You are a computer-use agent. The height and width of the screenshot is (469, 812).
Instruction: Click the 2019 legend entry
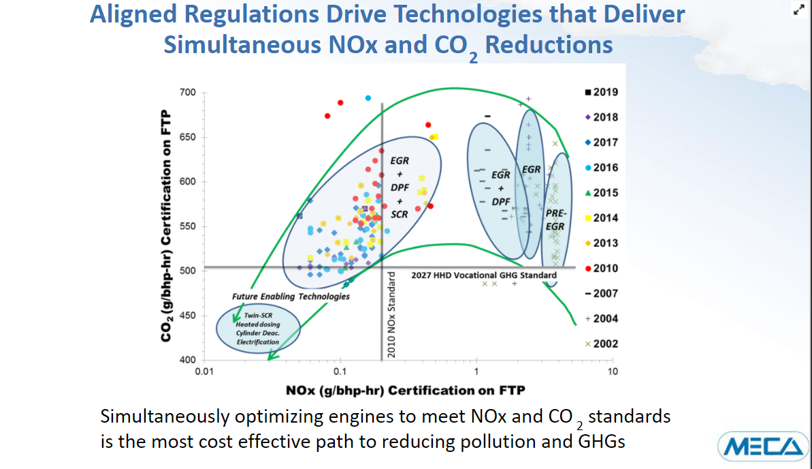tap(602, 92)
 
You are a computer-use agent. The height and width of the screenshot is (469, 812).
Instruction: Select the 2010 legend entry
tap(602, 268)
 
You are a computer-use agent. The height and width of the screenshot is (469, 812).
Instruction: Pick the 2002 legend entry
tap(602, 344)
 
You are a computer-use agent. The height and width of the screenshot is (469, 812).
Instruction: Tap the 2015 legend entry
tap(602, 193)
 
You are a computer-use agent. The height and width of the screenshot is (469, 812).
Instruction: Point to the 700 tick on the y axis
tap(187, 93)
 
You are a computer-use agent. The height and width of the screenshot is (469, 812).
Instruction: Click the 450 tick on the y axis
tap(187, 316)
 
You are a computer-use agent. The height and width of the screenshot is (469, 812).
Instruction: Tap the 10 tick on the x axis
tap(613, 372)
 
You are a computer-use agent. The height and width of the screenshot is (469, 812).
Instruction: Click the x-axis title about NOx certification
tap(406, 390)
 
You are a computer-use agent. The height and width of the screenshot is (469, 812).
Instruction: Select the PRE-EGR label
tap(556, 220)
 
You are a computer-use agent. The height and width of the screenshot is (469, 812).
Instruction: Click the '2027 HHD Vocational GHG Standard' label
tap(484, 275)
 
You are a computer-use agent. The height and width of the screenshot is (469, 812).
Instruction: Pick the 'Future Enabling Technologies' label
tap(291, 297)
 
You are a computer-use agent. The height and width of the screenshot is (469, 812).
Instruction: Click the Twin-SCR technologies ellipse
tap(258, 329)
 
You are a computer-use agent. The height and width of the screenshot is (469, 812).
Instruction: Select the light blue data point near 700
tap(368, 98)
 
